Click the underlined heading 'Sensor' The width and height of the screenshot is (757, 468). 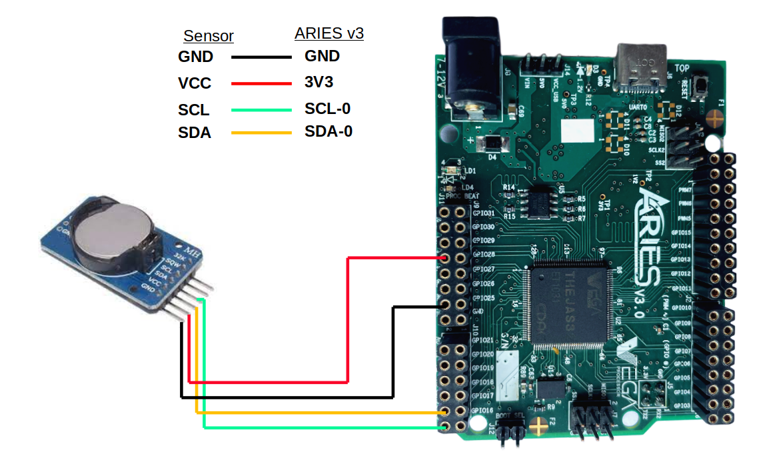coord(209,36)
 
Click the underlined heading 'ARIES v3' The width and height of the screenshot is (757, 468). coord(329,33)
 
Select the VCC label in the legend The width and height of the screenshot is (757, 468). coord(195,83)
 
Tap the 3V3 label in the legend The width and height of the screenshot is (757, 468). coord(319,82)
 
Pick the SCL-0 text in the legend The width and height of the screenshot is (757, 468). coord(327,109)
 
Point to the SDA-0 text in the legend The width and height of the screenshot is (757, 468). coord(328,131)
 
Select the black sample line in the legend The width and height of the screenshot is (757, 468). coord(261,57)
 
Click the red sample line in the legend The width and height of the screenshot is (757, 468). coord(261,83)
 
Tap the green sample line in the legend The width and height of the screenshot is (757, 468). coord(261,110)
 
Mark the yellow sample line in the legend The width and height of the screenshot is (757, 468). coord(261,133)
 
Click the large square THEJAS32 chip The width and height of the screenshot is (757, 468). coord(568,303)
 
